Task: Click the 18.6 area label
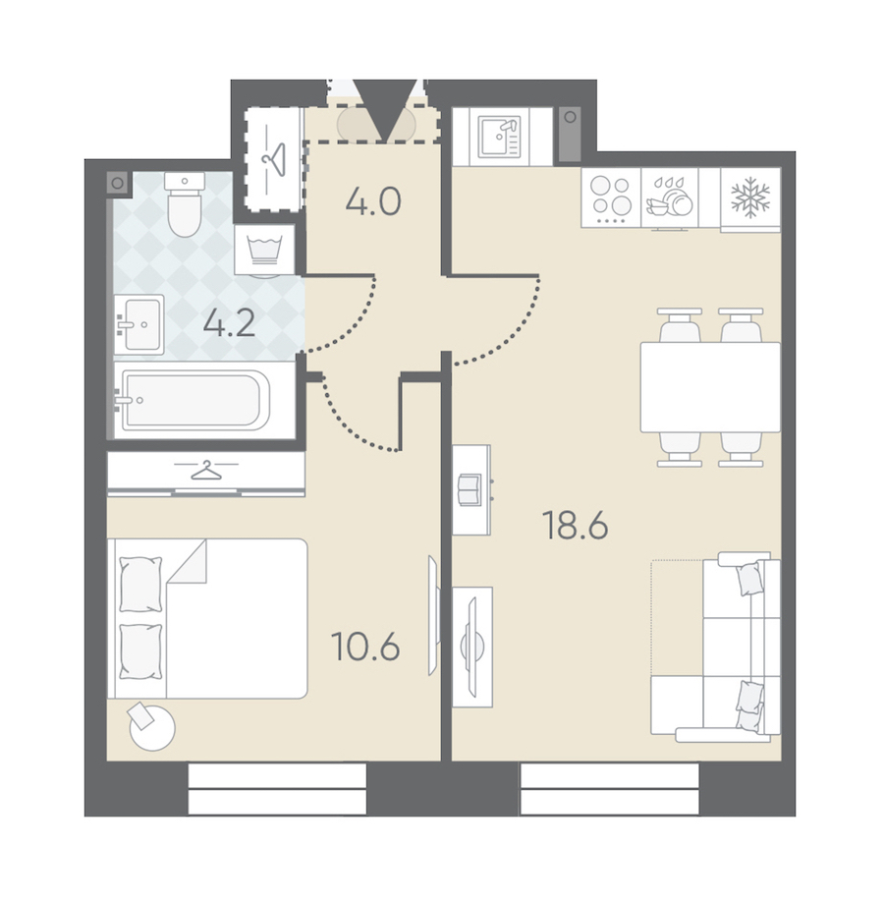pyautogui.click(x=576, y=526)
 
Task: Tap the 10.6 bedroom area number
pyautogui.click(x=366, y=647)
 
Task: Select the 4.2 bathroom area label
pyautogui.click(x=229, y=323)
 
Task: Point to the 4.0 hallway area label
pyautogui.click(x=373, y=202)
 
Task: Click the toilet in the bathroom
pyautogui.click(x=185, y=204)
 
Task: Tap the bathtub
pyautogui.click(x=195, y=400)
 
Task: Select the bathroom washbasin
pyautogui.click(x=138, y=324)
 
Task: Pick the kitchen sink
pyautogui.click(x=499, y=137)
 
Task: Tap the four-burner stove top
pyautogui.click(x=611, y=197)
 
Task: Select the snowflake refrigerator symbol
pyautogui.click(x=750, y=198)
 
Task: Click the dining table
pyautogui.click(x=710, y=387)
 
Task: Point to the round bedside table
pyautogui.click(x=151, y=727)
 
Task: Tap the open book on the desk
pyautogui.click(x=470, y=489)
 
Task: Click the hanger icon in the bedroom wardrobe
pyautogui.click(x=206, y=471)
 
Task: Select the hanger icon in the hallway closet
pyautogui.click(x=274, y=158)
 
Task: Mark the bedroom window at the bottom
pyautogui.click(x=277, y=789)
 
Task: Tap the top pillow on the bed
pyautogui.click(x=140, y=584)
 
